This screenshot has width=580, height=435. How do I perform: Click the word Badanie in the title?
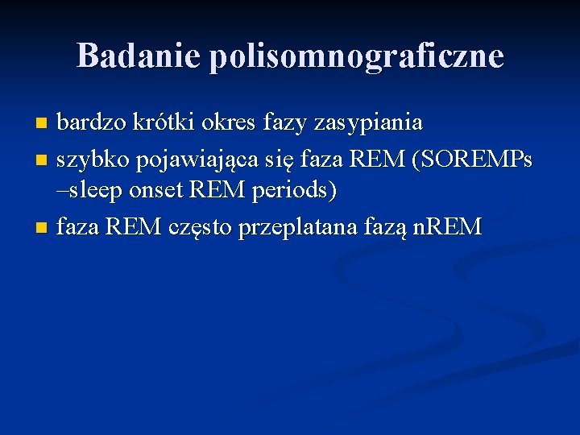coord(138,56)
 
